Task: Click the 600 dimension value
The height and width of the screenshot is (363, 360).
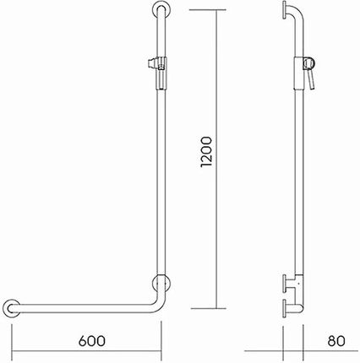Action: pyautogui.click(x=92, y=341)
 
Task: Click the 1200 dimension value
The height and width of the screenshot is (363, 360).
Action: pyautogui.click(x=206, y=152)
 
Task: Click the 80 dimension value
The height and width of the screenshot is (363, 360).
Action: pyautogui.click(x=336, y=341)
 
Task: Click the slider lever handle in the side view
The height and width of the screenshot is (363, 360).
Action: pyautogui.click(x=312, y=80)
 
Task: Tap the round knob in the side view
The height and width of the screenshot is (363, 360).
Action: pyautogui.click(x=309, y=63)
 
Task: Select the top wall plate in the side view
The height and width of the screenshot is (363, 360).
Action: pyautogui.click(x=285, y=10)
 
